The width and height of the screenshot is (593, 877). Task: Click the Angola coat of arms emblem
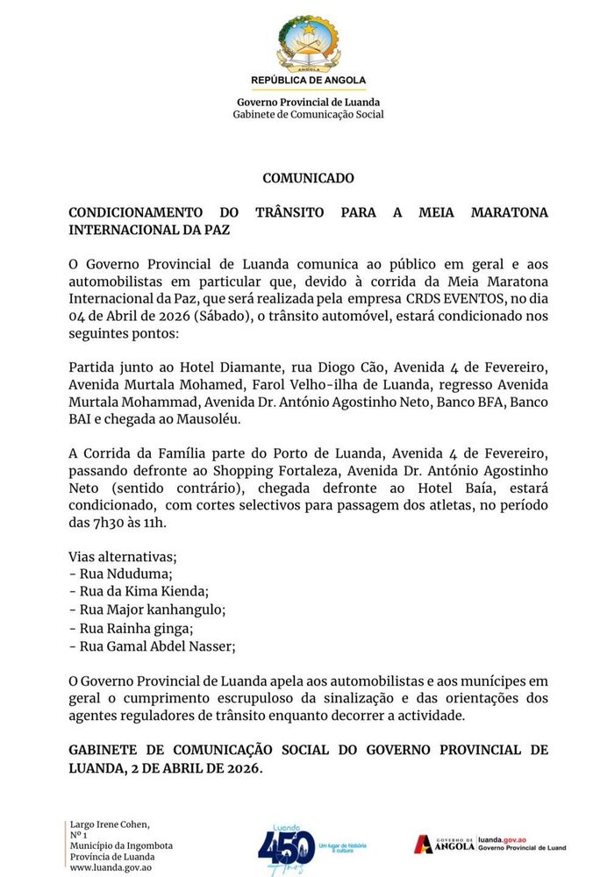click(x=308, y=45)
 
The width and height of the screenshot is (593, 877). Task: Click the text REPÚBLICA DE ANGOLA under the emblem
click(x=308, y=81)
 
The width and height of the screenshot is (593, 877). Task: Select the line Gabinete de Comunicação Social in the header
click(x=308, y=115)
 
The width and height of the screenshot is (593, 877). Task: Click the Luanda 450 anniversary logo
click(x=287, y=845)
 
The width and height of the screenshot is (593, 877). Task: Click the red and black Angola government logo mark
click(x=425, y=844)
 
